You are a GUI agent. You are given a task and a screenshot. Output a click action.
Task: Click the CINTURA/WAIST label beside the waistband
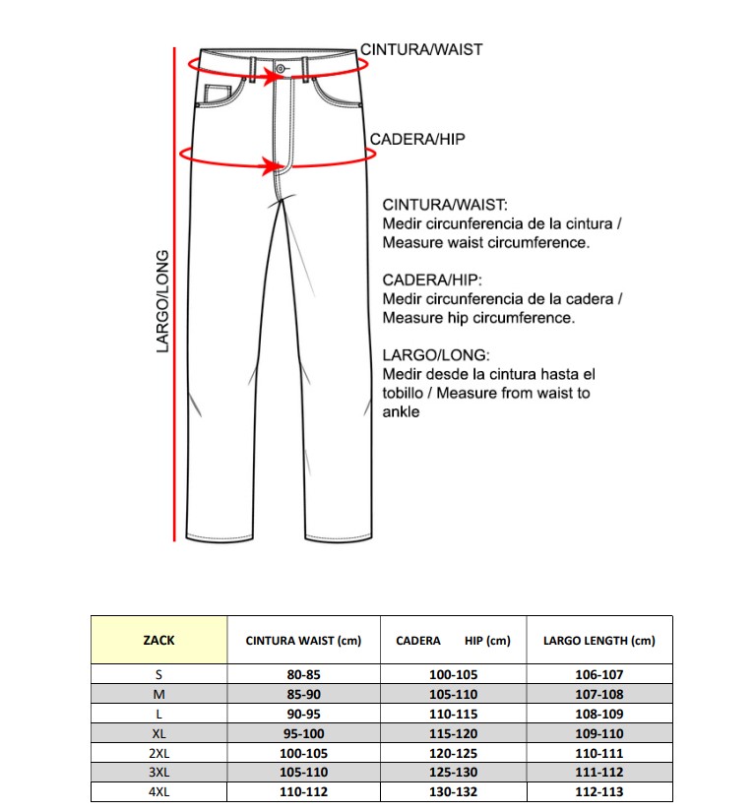(421, 49)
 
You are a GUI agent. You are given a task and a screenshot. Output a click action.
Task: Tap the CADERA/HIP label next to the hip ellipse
(417, 140)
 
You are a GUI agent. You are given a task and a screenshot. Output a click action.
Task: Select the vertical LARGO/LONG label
(163, 301)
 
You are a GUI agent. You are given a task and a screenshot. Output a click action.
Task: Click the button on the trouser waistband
(282, 68)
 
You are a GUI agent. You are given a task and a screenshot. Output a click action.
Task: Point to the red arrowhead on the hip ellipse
(271, 164)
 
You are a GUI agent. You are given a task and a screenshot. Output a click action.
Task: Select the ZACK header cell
(158, 640)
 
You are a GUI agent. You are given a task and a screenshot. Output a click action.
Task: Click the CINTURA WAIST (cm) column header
(303, 641)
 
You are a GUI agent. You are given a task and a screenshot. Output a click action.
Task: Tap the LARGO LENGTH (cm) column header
(598, 641)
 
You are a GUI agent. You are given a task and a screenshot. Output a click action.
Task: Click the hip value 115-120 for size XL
(453, 733)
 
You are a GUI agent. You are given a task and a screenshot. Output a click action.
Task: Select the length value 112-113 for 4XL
(598, 791)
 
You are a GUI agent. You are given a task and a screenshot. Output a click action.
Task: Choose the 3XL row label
(158, 773)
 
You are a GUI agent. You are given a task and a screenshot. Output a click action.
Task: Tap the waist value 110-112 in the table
(303, 791)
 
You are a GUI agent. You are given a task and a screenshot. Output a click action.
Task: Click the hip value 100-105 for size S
(453, 675)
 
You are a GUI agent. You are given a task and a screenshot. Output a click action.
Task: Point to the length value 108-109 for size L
(598, 714)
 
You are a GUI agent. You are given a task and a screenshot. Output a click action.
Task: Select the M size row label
(158, 695)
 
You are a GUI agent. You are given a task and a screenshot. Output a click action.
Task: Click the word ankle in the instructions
(401, 412)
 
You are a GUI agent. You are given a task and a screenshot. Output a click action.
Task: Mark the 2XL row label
(158, 753)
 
